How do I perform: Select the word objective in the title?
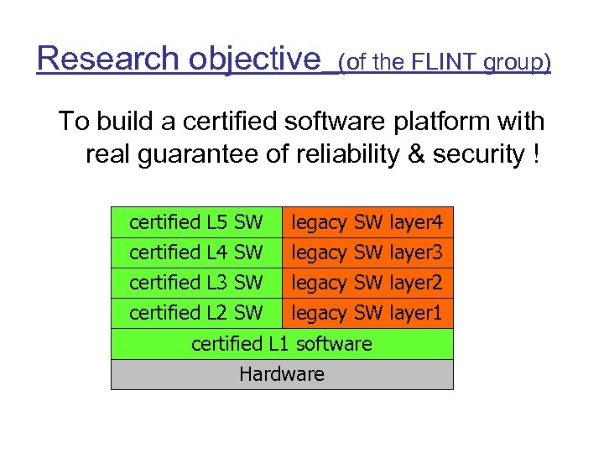point(255,59)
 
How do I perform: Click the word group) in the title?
point(514,63)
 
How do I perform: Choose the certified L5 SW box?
point(195,223)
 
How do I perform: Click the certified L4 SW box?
point(195,253)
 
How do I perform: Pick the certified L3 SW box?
point(195,283)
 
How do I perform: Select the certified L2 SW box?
point(195,313)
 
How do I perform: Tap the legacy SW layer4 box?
point(367,223)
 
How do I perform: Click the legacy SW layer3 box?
point(367,253)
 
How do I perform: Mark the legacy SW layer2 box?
point(367,283)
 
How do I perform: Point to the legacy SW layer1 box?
point(367,313)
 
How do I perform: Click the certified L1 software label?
point(282,344)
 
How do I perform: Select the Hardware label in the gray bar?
point(282,374)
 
